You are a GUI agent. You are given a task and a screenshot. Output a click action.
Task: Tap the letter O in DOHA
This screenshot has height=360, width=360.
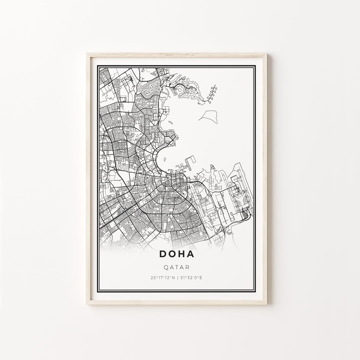(173, 254)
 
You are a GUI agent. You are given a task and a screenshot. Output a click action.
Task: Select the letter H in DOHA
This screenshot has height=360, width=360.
(182, 254)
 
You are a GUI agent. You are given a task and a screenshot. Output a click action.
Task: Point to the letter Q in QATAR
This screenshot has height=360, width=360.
(166, 267)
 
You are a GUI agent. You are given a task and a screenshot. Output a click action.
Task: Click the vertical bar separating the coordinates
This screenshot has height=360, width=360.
(177, 277)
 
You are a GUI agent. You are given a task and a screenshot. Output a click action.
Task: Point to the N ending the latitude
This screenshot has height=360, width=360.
(173, 277)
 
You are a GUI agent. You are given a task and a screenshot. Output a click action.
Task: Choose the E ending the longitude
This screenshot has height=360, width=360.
(201, 277)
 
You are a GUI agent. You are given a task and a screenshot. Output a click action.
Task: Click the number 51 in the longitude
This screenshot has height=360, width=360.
(182, 277)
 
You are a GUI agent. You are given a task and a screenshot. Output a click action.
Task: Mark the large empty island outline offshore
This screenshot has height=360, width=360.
(208, 115)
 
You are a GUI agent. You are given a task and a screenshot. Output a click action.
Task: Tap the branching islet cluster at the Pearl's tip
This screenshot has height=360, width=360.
(212, 94)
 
